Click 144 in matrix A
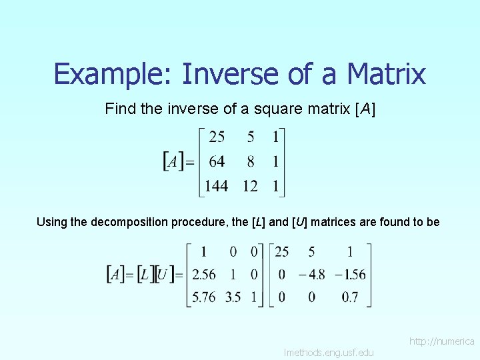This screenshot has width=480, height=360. [216, 187]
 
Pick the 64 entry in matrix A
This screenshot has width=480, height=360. [217, 162]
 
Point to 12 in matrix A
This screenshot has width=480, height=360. [250, 187]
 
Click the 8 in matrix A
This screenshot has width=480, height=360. [250, 162]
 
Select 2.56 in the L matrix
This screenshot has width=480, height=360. [203, 275]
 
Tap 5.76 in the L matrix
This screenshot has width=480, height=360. [203, 297]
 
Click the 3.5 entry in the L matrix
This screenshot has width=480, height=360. [233, 297]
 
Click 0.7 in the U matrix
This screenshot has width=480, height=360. [350, 297]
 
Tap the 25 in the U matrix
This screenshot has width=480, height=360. [281, 252]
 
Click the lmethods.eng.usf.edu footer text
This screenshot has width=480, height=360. [329, 352]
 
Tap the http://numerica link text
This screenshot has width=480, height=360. [442, 341]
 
